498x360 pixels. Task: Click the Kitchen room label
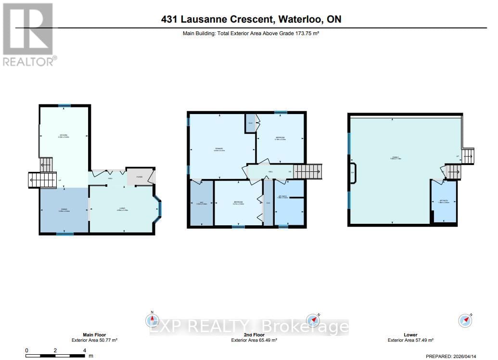tap(63, 135)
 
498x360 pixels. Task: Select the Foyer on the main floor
tap(139, 177)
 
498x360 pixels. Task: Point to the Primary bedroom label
tap(219, 149)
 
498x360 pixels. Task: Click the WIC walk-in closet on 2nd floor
tap(202, 203)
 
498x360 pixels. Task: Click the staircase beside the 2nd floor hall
tap(307, 171)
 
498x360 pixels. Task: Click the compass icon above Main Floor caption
tap(152, 320)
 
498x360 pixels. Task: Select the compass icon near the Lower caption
tap(465, 320)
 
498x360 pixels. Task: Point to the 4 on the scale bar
tap(85, 350)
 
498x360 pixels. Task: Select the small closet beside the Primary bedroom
tap(251, 124)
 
